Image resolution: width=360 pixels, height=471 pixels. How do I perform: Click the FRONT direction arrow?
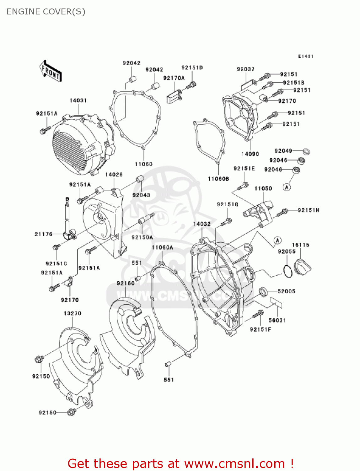coord(51,72)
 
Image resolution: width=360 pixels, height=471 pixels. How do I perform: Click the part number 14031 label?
coord(78,100)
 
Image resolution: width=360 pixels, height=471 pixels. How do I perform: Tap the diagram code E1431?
coord(305,56)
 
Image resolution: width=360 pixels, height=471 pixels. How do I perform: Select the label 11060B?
coord(218,179)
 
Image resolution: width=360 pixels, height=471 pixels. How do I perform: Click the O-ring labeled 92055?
coord(287,271)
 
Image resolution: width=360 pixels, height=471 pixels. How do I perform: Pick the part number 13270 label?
coord(73,313)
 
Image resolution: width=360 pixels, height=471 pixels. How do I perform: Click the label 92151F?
coord(261,329)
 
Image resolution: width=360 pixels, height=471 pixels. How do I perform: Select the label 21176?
coord(44,234)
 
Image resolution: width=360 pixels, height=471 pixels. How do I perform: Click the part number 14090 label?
coord(250,154)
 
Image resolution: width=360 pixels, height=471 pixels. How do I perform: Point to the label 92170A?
coord(174,78)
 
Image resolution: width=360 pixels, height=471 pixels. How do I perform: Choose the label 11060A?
coord(162,247)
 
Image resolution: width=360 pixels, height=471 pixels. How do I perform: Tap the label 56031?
coord(277,320)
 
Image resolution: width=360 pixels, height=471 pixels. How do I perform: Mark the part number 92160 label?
coord(126,283)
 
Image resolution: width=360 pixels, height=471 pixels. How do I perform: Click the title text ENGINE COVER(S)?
coord(46,12)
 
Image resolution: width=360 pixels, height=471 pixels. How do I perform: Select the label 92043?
coord(141,195)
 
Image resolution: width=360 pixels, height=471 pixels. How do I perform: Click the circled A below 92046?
coord(287,187)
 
